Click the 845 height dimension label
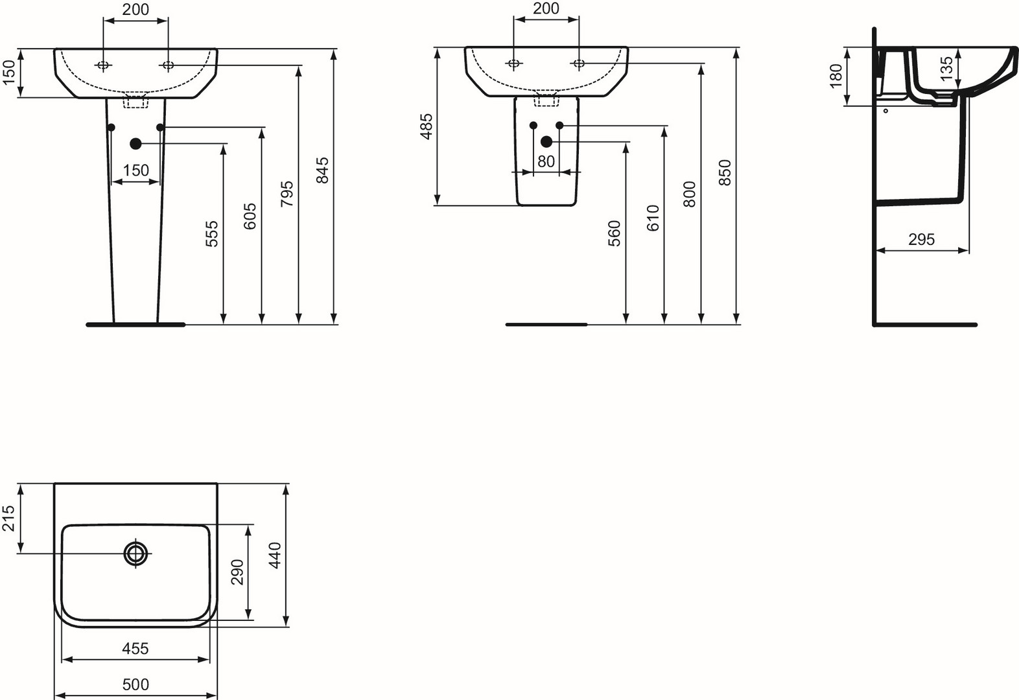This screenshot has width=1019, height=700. coord(322,170)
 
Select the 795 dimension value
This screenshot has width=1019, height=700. coord(287,194)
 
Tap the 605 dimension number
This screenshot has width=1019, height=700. coord(250,216)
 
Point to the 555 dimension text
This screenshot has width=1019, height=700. coord(212,234)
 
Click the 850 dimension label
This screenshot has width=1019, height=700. coord(725,172)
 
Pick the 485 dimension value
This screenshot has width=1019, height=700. coord(427,126)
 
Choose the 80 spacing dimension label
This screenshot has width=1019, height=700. coord(546,161)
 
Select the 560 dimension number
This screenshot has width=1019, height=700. coord(614,233)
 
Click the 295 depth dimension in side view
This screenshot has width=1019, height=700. coord(921,239)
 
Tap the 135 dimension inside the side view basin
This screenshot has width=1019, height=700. coord(946,69)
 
